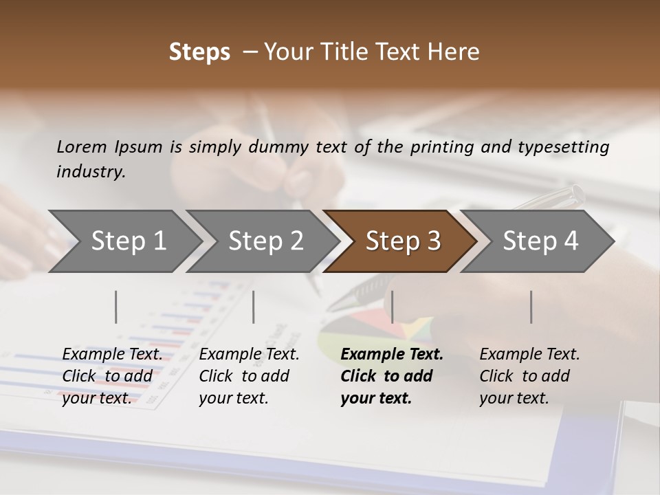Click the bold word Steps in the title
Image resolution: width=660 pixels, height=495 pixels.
(199, 52)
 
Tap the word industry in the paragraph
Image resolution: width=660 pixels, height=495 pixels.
(91, 171)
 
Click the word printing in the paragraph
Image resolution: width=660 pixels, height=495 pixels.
(441, 146)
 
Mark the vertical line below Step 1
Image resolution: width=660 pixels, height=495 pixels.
(116, 307)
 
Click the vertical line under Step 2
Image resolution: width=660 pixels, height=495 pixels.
(254, 307)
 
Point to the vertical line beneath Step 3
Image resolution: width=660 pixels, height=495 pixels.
(393, 307)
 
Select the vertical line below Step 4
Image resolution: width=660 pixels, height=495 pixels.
(531, 307)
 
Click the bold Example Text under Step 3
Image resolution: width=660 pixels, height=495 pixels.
(392, 355)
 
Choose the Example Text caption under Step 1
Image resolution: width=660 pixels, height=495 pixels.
(112, 355)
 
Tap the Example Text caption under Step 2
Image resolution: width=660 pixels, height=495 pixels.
(249, 355)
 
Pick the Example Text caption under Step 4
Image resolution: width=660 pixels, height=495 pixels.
(529, 355)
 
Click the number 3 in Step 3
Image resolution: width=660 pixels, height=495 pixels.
(432, 241)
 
